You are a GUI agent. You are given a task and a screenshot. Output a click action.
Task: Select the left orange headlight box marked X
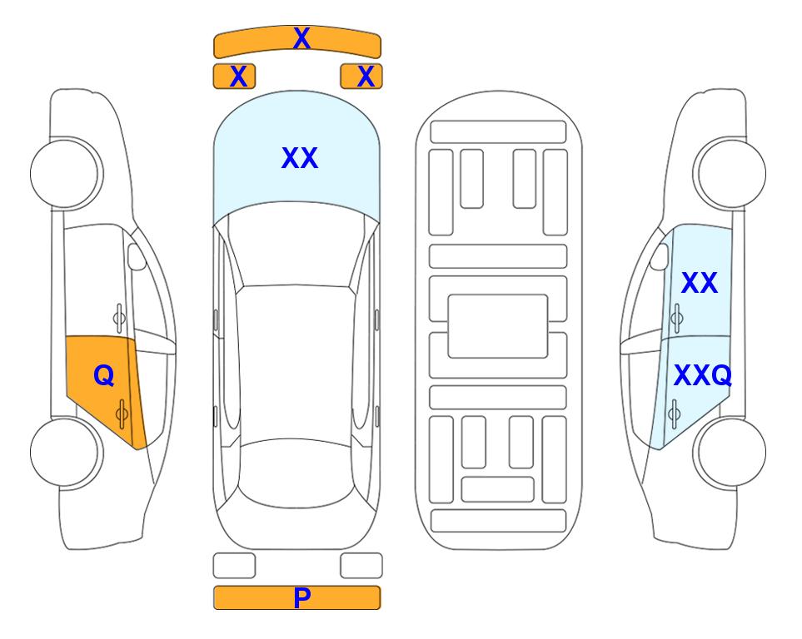[234, 77]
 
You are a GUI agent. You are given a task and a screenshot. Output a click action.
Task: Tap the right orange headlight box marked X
[361, 77]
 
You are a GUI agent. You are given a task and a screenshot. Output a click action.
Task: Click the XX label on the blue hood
[300, 158]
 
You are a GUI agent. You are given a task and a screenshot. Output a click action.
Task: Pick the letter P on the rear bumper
[302, 597]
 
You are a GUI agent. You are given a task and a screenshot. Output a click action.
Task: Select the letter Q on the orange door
[104, 376]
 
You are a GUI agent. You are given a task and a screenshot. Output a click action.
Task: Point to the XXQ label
[703, 376]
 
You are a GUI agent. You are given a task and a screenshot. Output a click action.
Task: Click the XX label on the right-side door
[700, 283]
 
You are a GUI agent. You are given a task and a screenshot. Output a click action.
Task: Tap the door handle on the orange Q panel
[122, 414]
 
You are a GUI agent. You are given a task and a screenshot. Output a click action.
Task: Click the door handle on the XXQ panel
[674, 414]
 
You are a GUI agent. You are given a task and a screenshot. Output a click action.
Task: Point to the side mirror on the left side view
[137, 256]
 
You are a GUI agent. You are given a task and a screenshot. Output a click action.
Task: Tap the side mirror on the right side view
[660, 256]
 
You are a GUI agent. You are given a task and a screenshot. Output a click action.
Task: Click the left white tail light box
[234, 566]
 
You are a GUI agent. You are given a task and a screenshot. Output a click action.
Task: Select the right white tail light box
[361, 566]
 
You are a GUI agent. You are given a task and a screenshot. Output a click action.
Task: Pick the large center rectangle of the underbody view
[498, 326]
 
